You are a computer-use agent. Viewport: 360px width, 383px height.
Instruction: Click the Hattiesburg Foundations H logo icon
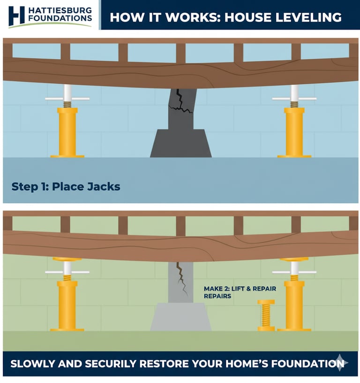[x=16, y=15]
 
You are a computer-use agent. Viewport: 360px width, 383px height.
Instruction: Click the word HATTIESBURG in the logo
[x=60, y=10]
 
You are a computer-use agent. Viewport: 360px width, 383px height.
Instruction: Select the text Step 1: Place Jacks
[x=66, y=187]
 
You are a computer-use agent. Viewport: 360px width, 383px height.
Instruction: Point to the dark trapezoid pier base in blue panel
[x=181, y=143]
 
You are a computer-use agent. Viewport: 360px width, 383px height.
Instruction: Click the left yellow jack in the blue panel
[x=67, y=121]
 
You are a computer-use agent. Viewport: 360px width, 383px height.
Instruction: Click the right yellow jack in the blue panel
[x=294, y=121]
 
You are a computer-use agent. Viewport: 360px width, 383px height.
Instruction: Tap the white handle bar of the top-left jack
[x=67, y=99]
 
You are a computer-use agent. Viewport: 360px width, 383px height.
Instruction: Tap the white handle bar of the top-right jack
[x=294, y=99]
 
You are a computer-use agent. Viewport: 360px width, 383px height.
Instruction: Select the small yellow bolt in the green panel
[x=266, y=315]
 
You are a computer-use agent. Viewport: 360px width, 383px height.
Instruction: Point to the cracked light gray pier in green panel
[x=181, y=283]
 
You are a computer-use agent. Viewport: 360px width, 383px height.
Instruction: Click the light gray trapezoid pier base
[x=181, y=317]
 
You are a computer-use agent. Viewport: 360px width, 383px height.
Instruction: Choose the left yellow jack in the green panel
[x=67, y=294]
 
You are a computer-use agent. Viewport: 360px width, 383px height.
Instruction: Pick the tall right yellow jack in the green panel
[x=294, y=294]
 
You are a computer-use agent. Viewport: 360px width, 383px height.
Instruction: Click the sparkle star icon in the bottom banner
[x=340, y=362]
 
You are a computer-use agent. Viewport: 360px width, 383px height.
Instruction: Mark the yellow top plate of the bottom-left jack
[x=67, y=259]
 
